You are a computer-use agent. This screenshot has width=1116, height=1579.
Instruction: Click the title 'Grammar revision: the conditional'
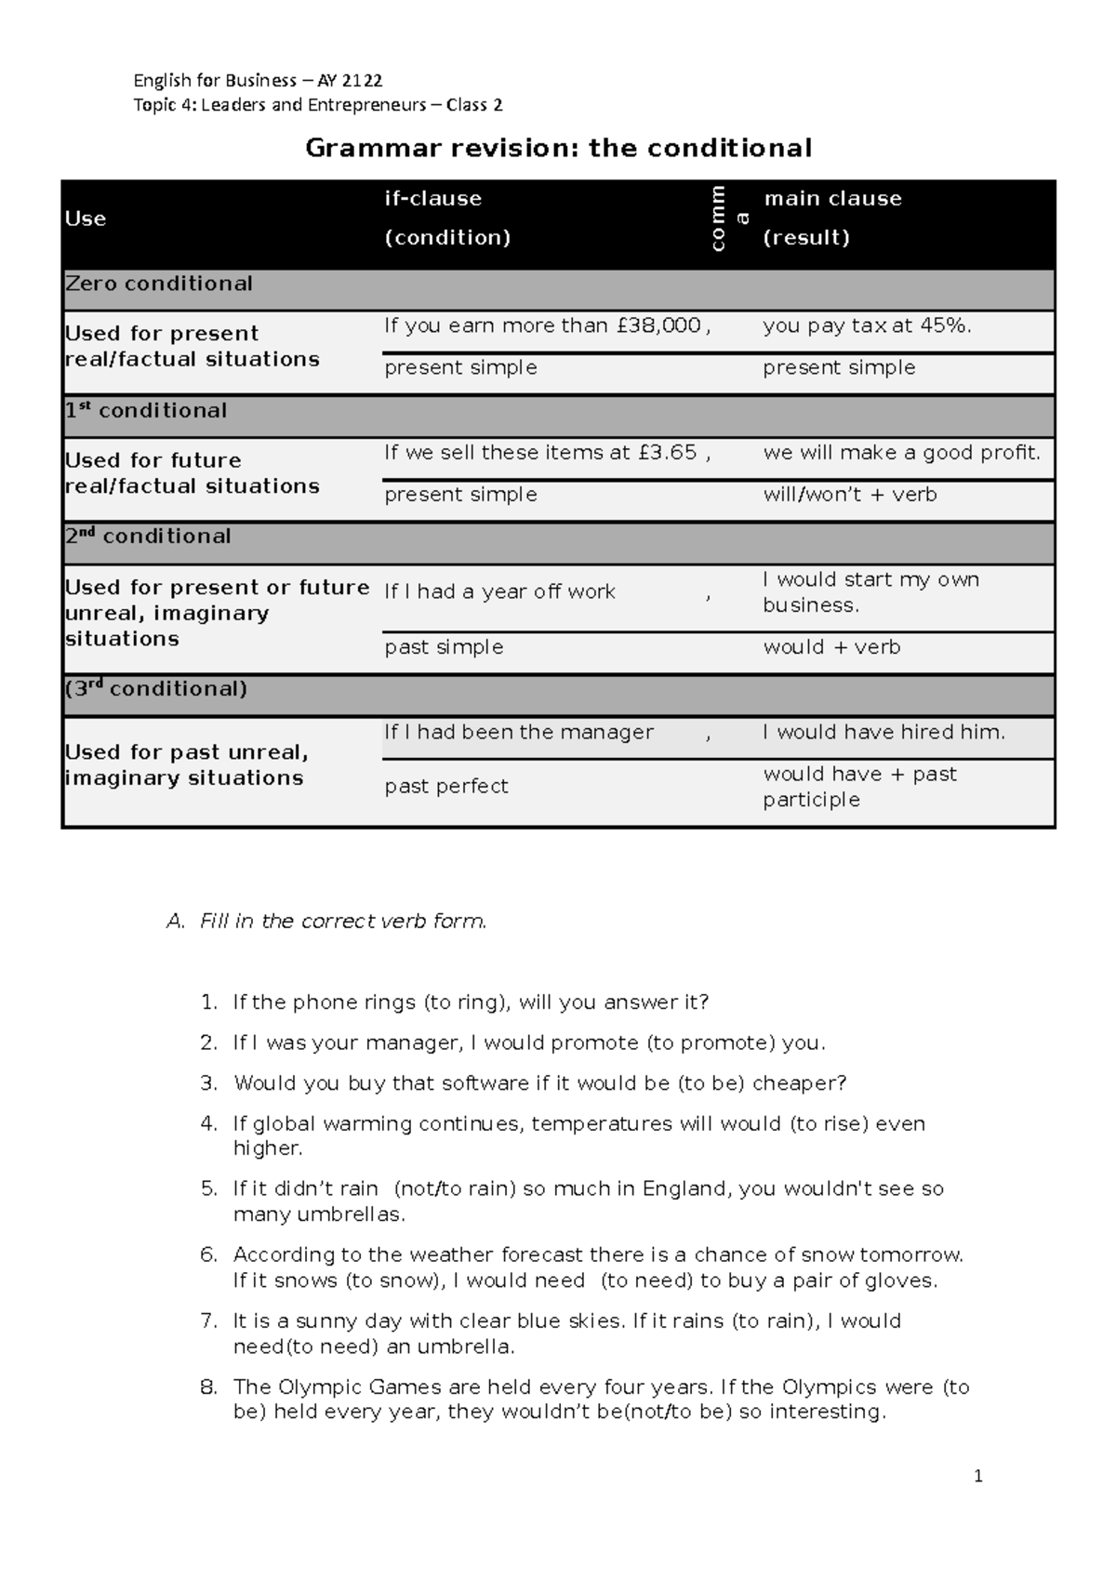pos(558,148)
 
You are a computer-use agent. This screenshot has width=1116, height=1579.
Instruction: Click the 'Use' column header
pos(86,219)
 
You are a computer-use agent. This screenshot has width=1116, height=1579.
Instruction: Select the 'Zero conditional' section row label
pos(159,284)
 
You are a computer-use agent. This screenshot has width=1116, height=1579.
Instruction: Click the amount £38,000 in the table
pos(658,325)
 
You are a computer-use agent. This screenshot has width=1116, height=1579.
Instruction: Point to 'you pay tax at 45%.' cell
pos(867,325)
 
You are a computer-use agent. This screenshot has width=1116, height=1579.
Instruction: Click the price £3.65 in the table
pos(668,453)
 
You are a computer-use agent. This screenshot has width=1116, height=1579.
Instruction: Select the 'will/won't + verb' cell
pos(850,495)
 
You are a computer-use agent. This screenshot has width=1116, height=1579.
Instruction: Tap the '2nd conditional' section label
pos(149,537)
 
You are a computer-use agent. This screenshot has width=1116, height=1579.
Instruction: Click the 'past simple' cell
pos(444,647)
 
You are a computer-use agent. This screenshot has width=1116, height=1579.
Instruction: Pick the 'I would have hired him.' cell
pos(883,733)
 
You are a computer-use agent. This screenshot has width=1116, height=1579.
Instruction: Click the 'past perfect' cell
pos(446,787)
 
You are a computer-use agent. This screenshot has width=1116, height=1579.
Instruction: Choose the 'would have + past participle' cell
pos(859,787)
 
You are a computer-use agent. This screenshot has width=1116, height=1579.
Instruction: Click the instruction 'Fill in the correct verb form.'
pos(343,922)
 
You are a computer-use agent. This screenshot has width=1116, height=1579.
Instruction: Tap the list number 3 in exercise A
pos(208,1083)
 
